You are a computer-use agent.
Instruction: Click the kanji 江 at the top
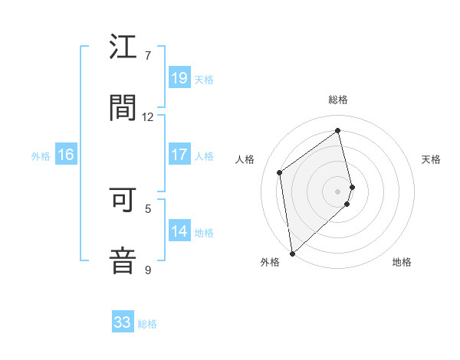123,47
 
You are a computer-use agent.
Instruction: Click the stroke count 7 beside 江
148,56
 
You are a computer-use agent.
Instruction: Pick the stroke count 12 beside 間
148,116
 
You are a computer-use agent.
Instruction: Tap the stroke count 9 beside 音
148,270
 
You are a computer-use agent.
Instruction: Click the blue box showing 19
179,78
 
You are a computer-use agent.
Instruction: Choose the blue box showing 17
179,155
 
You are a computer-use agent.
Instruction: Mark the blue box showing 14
179,231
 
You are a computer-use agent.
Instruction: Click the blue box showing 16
66,155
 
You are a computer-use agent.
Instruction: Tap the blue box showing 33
123,322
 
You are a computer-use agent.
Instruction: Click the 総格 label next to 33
147,324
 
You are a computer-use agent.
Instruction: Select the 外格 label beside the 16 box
41,156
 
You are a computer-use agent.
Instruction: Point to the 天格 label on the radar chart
432,159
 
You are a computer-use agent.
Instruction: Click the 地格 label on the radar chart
402,262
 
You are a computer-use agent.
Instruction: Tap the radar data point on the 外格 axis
292,253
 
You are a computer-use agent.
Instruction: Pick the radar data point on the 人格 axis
280,172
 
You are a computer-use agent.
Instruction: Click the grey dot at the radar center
338,191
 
